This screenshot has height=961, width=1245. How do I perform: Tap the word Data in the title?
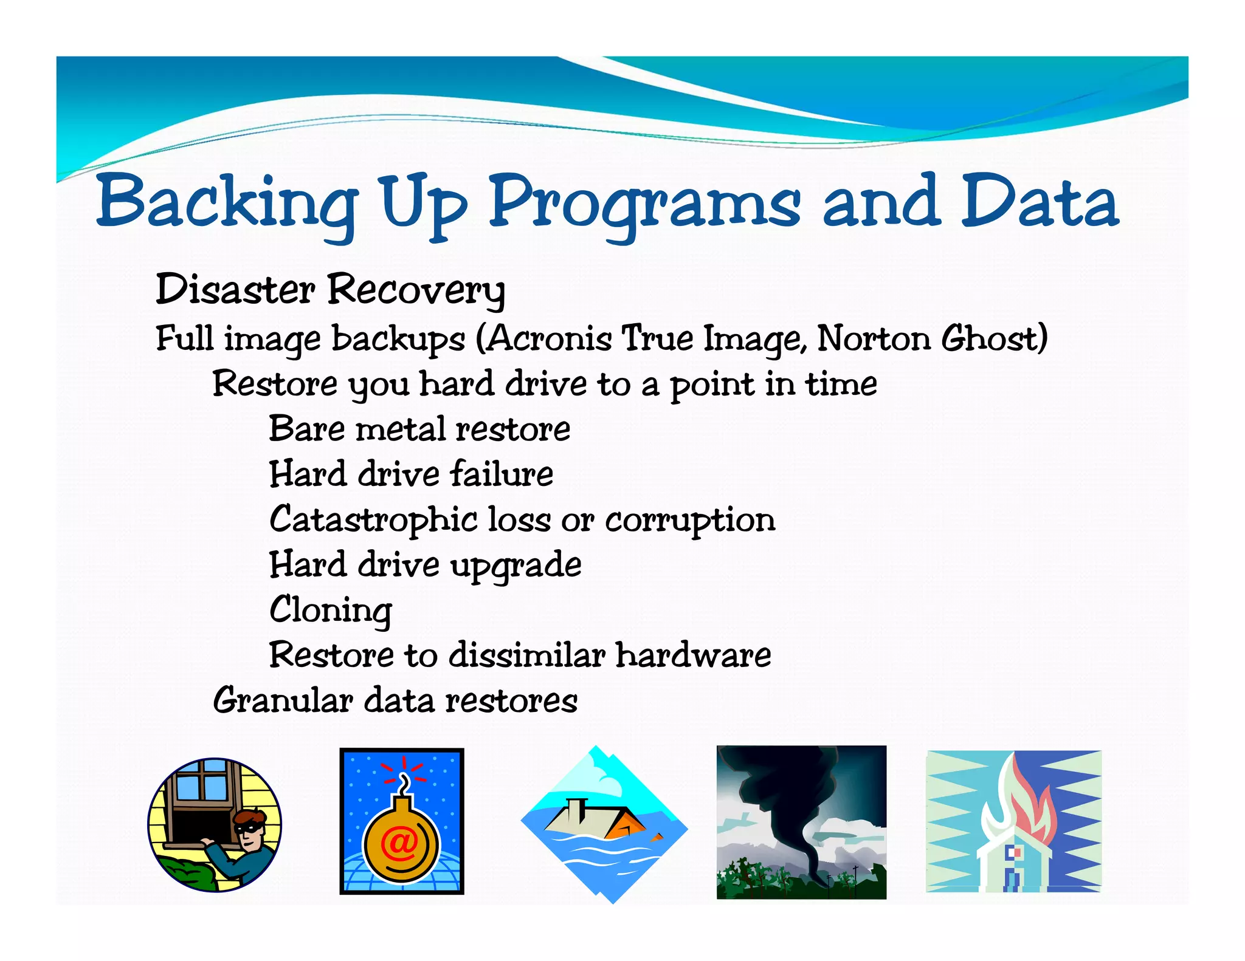[1039, 202]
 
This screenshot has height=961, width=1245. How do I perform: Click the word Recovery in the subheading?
[416, 290]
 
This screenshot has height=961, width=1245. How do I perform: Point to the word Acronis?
[550, 338]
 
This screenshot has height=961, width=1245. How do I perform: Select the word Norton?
[873, 338]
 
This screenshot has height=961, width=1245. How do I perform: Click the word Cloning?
[331, 610]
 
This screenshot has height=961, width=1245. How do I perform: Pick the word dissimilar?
[526, 655]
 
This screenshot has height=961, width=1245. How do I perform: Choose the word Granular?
[283, 701]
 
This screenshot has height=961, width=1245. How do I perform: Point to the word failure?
[502, 474]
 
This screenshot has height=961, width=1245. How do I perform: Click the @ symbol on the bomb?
[399, 843]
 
